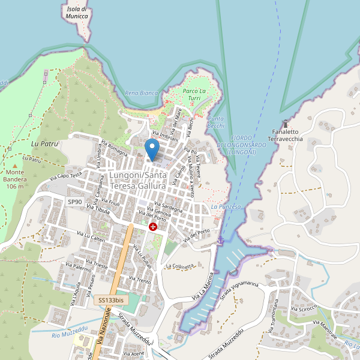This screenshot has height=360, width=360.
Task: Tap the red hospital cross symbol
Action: point(153,226)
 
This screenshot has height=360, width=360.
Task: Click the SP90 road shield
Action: point(75,202)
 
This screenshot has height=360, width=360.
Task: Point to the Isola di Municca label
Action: point(77,13)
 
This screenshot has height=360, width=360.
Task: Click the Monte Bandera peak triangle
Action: point(15,164)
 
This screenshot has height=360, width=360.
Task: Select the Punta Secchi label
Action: point(215,122)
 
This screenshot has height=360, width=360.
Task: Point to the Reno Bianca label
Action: point(142,93)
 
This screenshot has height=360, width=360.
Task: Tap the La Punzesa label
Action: point(226,206)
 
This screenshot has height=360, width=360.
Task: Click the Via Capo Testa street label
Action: point(65,176)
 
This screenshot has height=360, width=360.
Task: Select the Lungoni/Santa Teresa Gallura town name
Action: point(137,181)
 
